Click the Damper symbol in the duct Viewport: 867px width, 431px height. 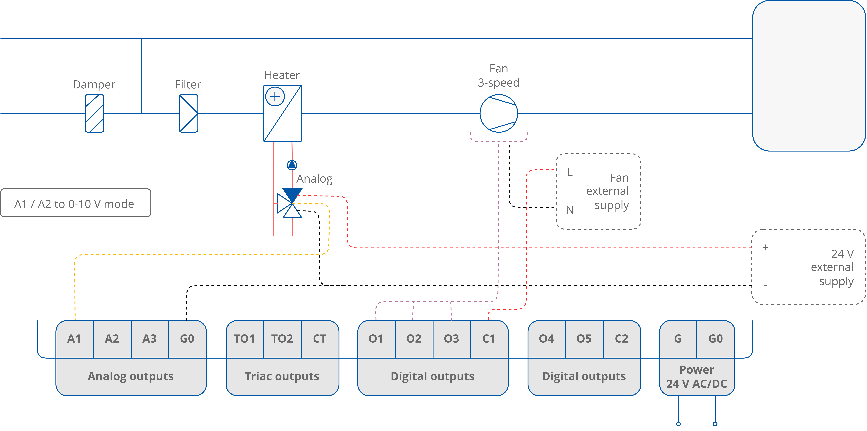pyautogui.click(x=94, y=113)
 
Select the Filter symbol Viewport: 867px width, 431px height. pyautogui.click(x=188, y=113)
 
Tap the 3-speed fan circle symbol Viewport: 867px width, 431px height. pyautogui.click(x=498, y=113)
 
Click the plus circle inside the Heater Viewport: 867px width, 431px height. pyautogui.click(x=275, y=97)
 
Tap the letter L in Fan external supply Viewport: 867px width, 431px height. pyautogui.click(x=569, y=172)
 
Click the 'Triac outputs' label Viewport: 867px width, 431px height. pyautogui.click(x=282, y=376)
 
